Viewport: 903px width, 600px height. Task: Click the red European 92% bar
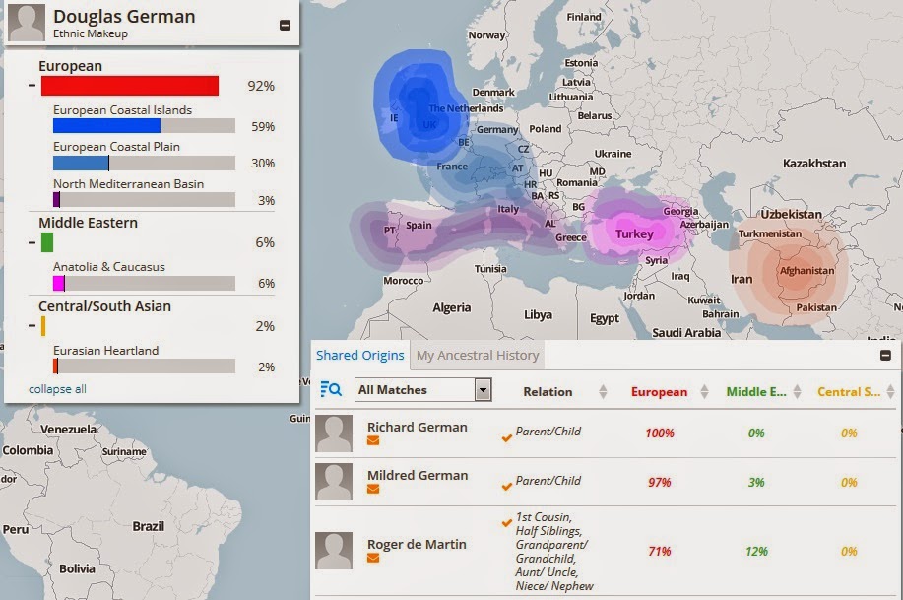click(129, 86)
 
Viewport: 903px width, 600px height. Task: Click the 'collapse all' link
click(57, 389)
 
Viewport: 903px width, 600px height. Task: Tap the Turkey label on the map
click(634, 234)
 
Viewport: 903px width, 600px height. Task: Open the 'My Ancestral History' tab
click(478, 355)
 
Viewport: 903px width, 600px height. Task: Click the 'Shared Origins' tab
click(359, 355)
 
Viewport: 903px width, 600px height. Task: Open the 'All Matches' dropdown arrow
click(483, 390)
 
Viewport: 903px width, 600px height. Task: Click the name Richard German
click(417, 428)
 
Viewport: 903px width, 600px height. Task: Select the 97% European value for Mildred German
click(659, 482)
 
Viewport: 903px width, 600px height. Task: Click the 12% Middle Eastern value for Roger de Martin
click(756, 551)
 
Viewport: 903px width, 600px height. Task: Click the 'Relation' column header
click(548, 391)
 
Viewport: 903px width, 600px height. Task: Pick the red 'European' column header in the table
click(659, 391)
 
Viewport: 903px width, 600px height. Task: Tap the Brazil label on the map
click(148, 526)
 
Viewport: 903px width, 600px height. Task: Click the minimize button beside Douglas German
click(286, 26)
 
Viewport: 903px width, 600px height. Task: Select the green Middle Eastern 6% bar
click(46, 242)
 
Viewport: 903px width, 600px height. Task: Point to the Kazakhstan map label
click(814, 163)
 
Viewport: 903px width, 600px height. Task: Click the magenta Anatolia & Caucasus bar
click(58, 283)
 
